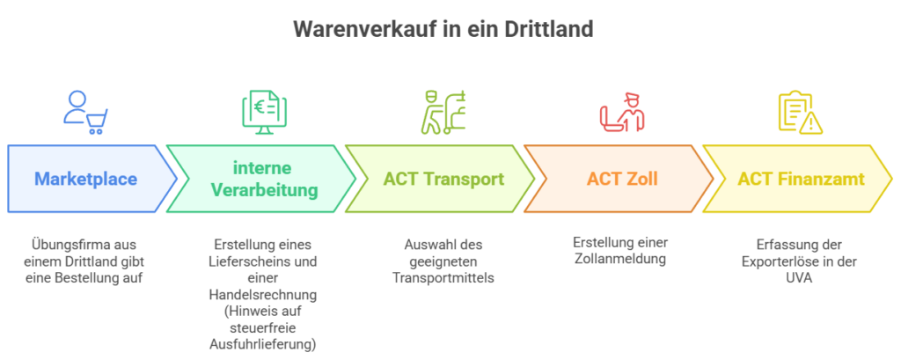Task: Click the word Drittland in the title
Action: coord(548,29)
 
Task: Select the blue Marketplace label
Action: coord(85,179)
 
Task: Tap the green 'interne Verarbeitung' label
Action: coord(263,179)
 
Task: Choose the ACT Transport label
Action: coord(443,179)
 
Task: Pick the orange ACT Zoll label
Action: coord(622,179)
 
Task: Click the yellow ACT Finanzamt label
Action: coord(801,179)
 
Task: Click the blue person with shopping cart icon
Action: coord(85,113)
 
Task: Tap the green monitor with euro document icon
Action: coord(264,113)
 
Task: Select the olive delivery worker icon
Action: coord(443,113)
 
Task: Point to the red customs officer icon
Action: coord(622,113)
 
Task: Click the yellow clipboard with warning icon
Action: coord(801,113)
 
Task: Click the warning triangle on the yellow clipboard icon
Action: coord(811,122)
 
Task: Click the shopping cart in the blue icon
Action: coord(96,121)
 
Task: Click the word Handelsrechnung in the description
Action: coord(263,295)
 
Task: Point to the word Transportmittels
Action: coord(443,278)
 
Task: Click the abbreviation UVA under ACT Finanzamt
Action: coord(801,278)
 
